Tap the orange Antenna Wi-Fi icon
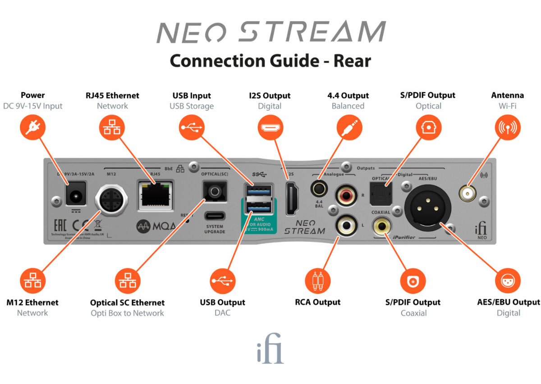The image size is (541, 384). coord(507,128)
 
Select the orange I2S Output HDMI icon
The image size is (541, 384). coord(270,128)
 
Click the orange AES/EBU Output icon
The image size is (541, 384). coord(508,281)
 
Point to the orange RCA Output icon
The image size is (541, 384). coord(318,281)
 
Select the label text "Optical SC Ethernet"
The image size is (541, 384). coord(127,303)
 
